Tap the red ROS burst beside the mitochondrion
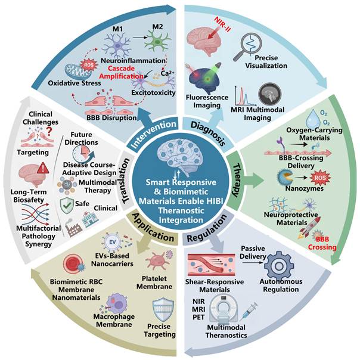[x=89, y=65]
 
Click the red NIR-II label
[x=222, y=24]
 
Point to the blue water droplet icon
[x=313, y=118]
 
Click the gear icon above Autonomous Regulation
[x=279, y=266]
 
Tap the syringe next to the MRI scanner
[x=249, y=311]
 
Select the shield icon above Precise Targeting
[x=163, y=309]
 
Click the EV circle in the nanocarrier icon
[x=113, y=242]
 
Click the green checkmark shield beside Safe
[x=67, y=206]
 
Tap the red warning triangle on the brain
[x=43, y=168]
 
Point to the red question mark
[x=49, y=131]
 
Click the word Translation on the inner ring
[x=125, y=181]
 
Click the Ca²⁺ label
[x=168, y=73]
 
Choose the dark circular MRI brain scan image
[x=270, y=94]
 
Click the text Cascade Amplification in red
[x=121, y=72]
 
